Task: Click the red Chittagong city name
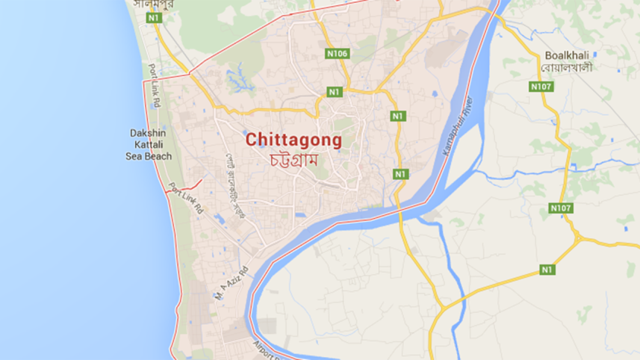tap(293, 139)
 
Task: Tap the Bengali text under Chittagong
tap(293, 159)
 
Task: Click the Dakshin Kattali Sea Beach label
tap(148, 144)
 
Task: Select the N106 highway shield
tap(338, 54)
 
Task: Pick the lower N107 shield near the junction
tap(560, 207)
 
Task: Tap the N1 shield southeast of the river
tap(547, 269)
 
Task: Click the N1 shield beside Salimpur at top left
tap(154, 16)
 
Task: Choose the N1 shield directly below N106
tap(334, 92)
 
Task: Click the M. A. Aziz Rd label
tap(229, 284)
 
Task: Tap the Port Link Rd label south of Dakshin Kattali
tap(185, 199)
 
